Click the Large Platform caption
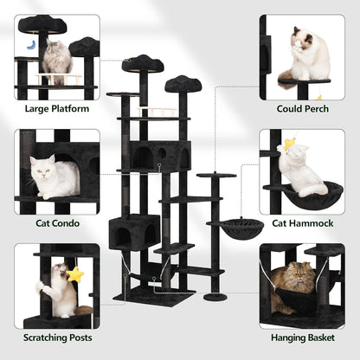coord(56,109)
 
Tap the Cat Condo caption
coord(56,223)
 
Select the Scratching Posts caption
coord(56,337)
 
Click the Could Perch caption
coord(301,109)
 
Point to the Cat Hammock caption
coord(301,223)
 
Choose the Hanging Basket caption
coord(301,337)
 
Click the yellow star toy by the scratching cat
coord(75,275)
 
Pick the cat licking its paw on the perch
coord(309,54)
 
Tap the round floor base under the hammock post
coord(215,297)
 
